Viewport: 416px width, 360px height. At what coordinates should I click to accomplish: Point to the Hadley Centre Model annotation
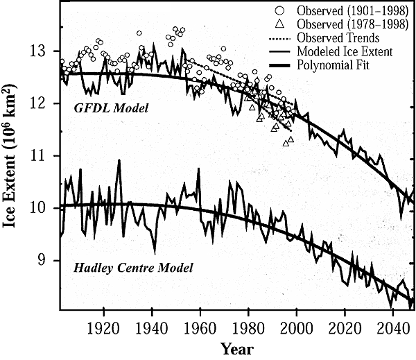(x=128, y=266)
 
